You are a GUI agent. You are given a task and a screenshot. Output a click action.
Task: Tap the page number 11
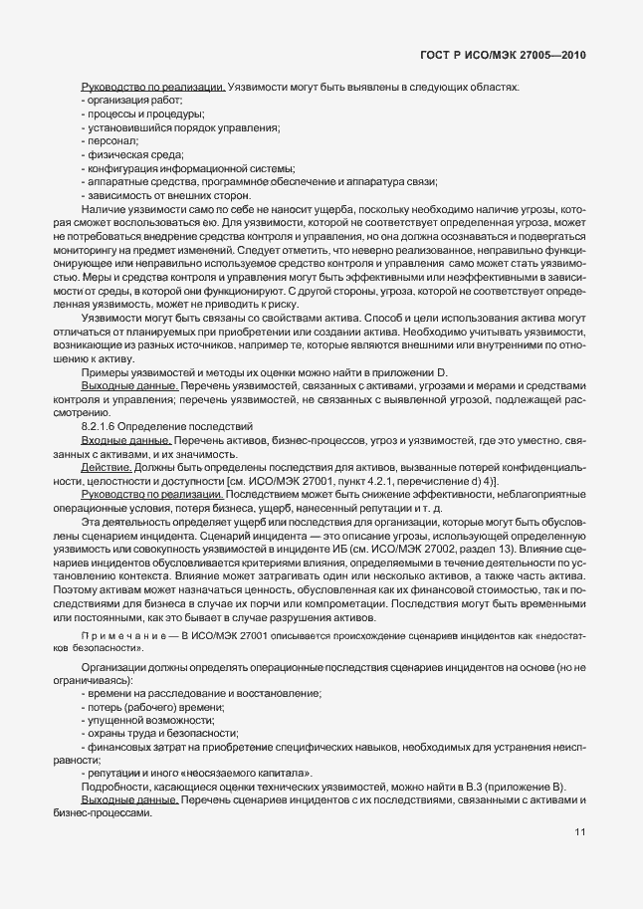point(579,832)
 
